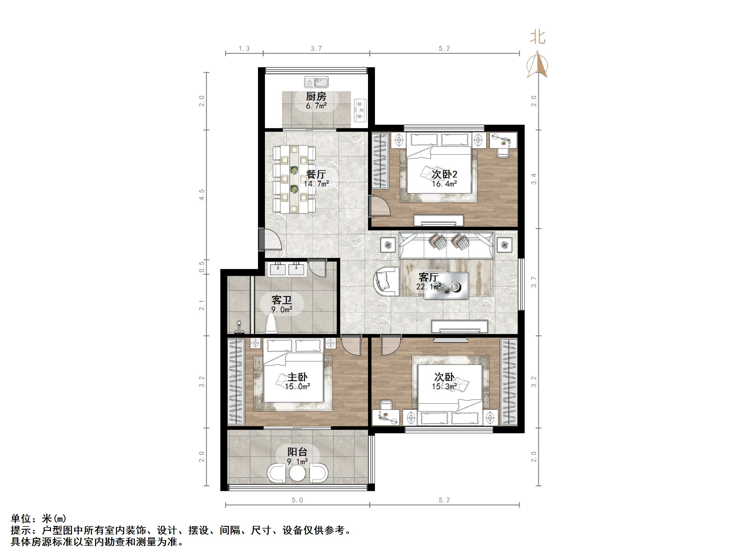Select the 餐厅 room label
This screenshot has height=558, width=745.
click(316, 174)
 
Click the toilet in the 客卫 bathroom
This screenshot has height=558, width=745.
click(271, 323)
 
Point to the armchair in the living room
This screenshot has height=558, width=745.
click(386, 281)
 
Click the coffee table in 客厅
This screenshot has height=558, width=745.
click(446, 286)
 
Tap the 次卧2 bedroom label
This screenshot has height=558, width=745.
click(444, 174)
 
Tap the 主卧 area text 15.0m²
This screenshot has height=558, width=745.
click(297, 387)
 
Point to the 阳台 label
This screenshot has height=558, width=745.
click(297, 452)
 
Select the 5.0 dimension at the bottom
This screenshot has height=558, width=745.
click(297, 500)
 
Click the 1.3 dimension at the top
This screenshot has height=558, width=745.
click(244, 49)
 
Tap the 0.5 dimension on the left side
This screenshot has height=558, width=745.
click(202, 267)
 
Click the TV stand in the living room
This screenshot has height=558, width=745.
click(460, 326)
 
